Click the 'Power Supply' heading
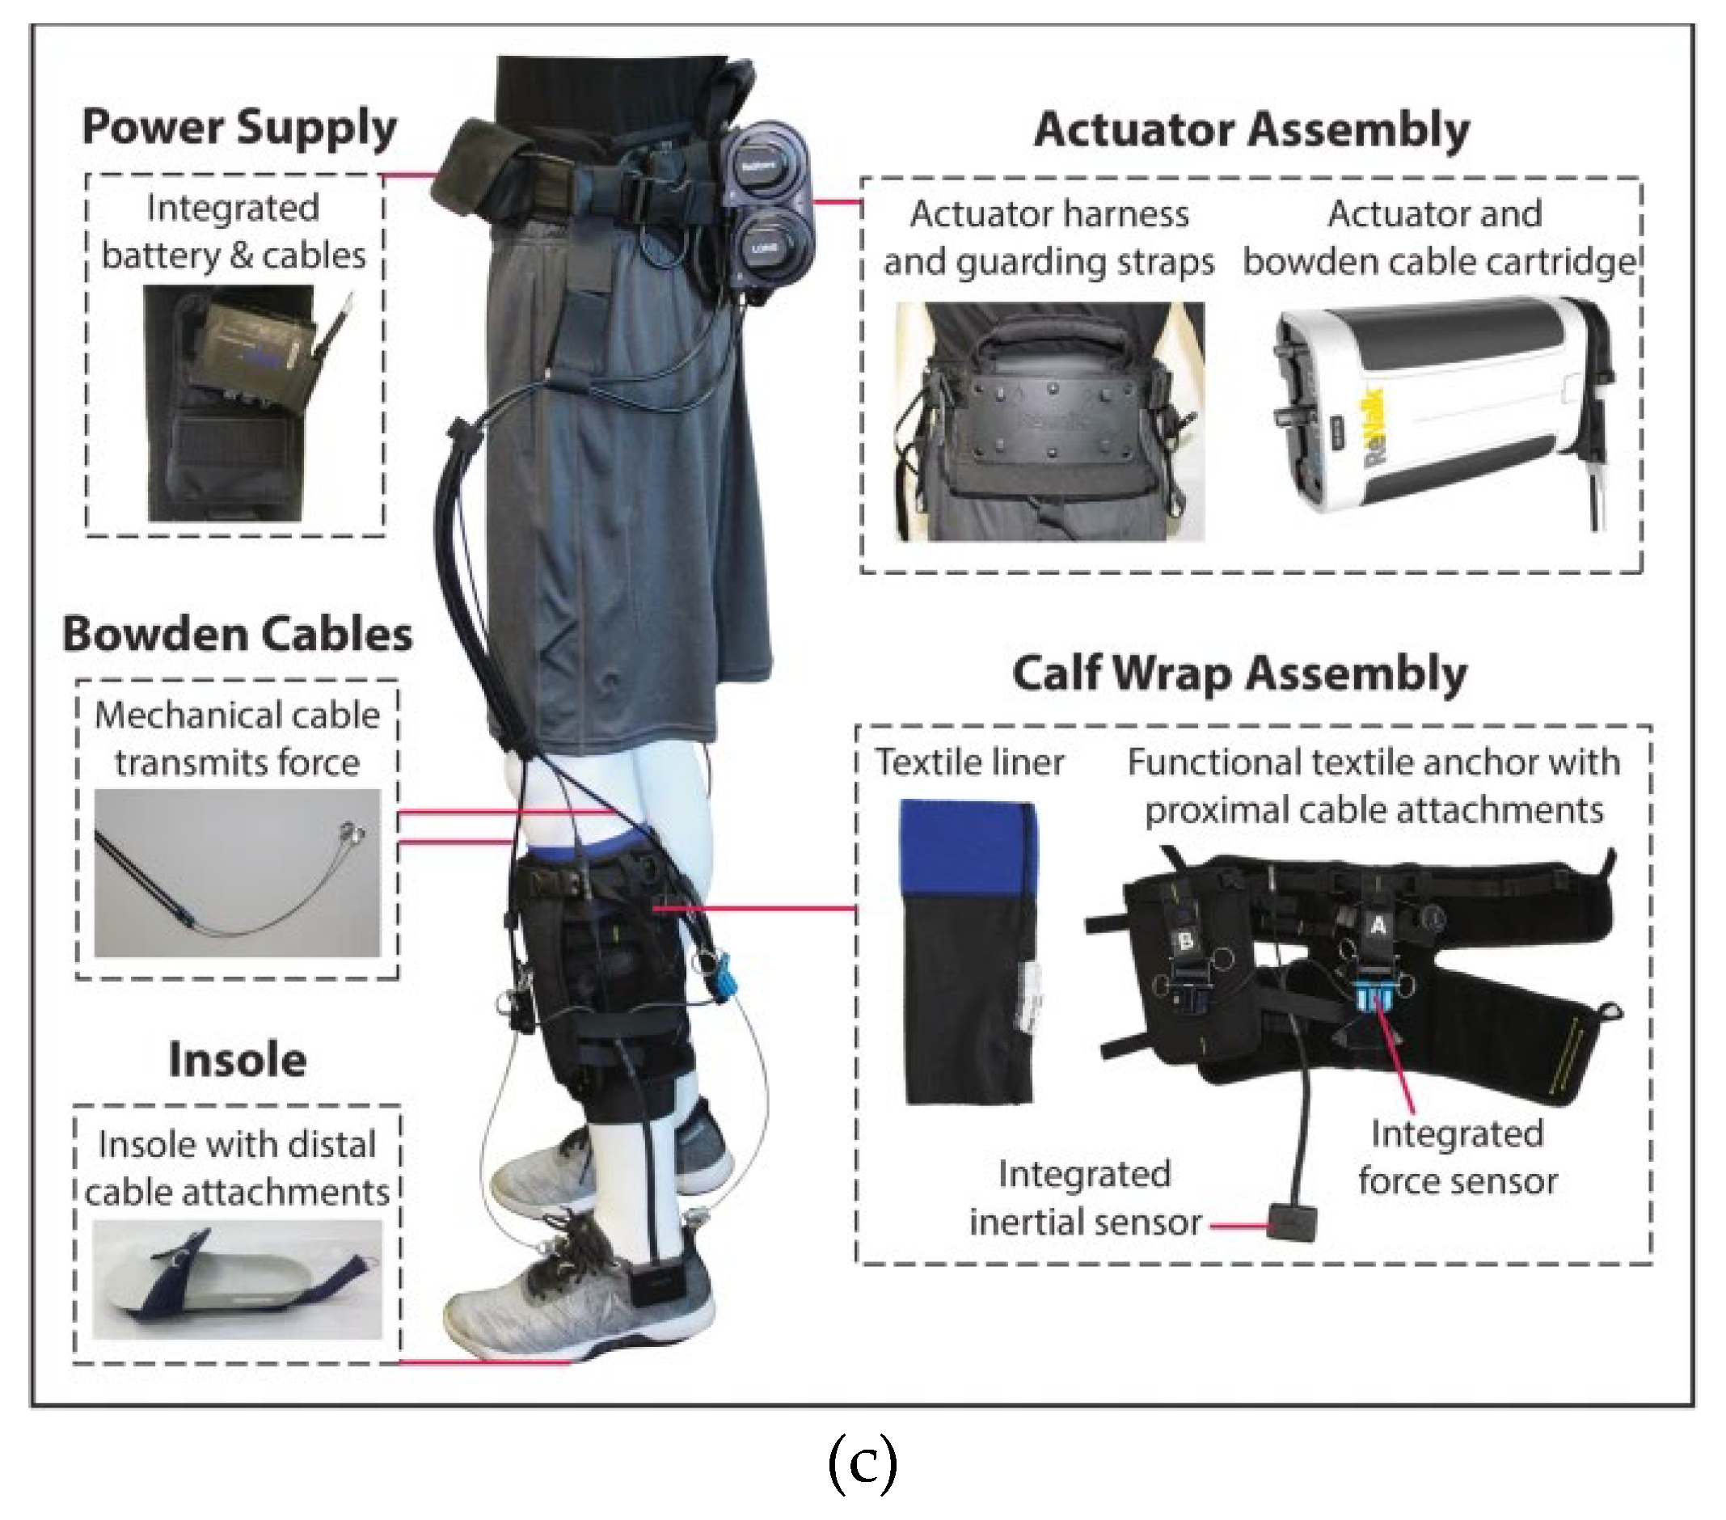239,129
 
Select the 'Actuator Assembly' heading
1251,131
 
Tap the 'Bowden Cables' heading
238,635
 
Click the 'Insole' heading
238,1060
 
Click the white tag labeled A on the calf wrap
1378,927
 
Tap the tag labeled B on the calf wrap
1186,939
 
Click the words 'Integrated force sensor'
1457,1158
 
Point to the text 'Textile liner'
969,762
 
